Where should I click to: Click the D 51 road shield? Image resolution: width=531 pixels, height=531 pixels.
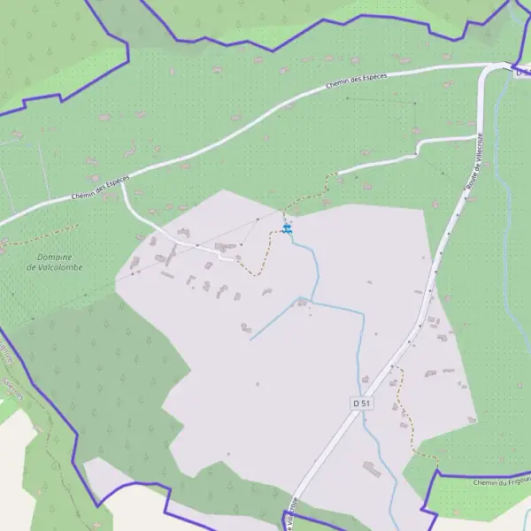click(x=361, y=403)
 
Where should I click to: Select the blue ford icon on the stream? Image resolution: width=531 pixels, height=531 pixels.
click(x=287, y=229)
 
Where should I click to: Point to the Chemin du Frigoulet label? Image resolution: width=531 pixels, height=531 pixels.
click(x=501, y=482)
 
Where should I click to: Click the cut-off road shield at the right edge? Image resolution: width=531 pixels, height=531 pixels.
click(x=522, y=73)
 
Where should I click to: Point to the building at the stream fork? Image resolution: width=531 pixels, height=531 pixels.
click(x=302, y=303)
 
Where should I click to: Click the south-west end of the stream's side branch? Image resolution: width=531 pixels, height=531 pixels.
click(x=250, y=339)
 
